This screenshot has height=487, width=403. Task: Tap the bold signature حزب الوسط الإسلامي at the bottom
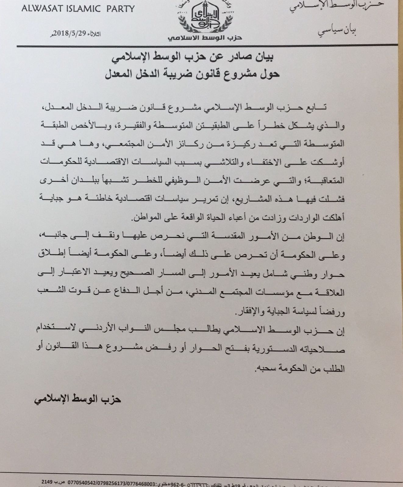click(78, 399)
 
